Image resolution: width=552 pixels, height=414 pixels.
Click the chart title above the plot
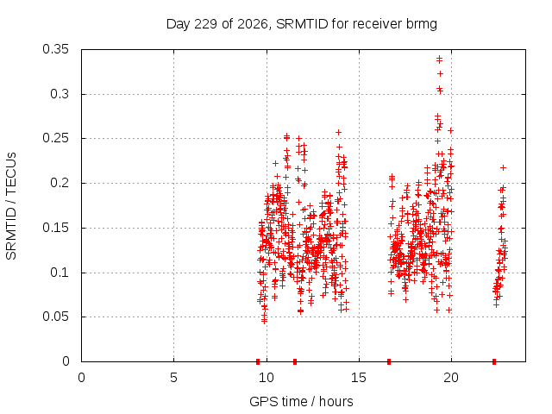[302, 24]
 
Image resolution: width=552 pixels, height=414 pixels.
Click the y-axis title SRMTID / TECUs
[11, 206]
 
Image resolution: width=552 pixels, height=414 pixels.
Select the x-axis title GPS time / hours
[301, 401]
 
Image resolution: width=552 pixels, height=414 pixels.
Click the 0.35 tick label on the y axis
[55, 49]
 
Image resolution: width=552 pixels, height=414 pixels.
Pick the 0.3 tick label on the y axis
[60, 94]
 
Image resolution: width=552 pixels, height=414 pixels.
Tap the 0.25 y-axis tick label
[55, 138]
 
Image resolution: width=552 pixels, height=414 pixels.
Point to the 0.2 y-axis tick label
[60, 183]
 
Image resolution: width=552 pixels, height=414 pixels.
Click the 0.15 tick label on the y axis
[55, 228]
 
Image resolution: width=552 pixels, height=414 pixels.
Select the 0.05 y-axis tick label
[55, 317]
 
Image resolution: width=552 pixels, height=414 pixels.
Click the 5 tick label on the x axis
[173, 378]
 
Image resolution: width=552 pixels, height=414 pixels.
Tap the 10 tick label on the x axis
[267, 378]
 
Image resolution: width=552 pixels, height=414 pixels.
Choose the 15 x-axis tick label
[359, 378]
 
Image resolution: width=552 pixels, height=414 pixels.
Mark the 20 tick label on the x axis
[451, 378]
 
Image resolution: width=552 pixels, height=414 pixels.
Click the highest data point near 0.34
[439, 58]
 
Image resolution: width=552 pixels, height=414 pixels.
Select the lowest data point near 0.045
[265, 321]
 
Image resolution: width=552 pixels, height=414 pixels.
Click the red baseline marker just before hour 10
[258, 361]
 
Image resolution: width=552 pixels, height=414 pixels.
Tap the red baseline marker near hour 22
[494, 361]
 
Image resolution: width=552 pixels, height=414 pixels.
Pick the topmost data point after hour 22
[504, 168]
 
